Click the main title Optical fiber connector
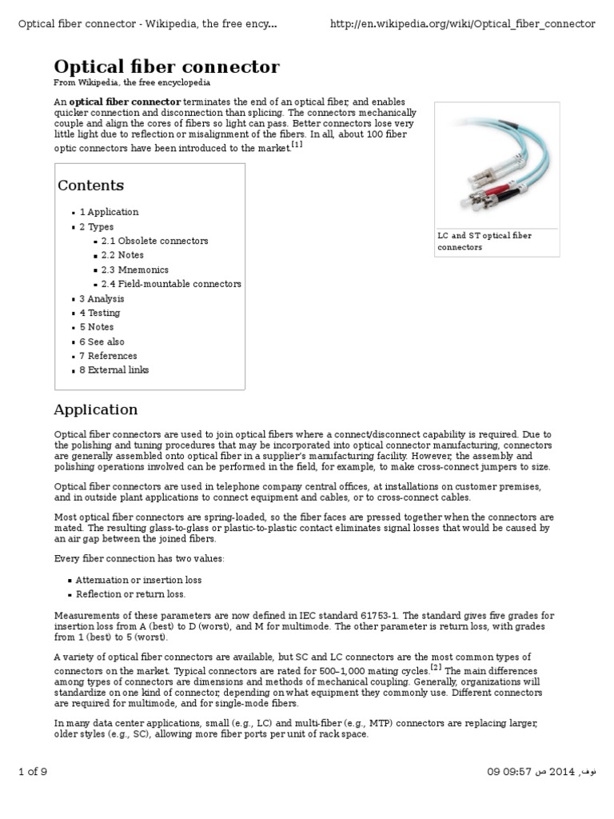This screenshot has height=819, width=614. (166, 66)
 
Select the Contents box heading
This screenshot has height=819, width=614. (90, 186)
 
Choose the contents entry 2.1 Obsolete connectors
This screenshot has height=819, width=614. (154, 241)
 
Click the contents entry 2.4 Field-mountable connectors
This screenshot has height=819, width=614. (171, 284)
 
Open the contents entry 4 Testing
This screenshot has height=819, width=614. (100, 313)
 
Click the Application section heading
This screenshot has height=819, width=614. (95, 409)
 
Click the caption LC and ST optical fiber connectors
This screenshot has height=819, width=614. (484, 242)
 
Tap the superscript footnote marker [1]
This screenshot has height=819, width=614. (297, 145)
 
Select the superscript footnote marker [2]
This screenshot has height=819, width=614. (436, 666)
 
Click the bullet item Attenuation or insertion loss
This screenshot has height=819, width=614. (138, 580)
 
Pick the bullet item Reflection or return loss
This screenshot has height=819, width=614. (130, 594)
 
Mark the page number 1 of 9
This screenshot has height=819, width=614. (33, 771)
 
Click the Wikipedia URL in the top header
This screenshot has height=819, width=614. (462, 24)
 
